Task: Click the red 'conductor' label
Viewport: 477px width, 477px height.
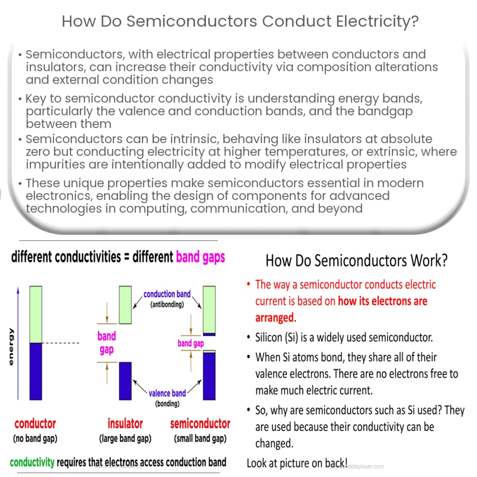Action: tap(35, 424)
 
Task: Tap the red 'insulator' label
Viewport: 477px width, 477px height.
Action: tap(125, 424)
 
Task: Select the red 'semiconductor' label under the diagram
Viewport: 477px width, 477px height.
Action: tap(200, 424)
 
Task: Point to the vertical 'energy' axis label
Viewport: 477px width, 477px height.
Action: tap(11, 347)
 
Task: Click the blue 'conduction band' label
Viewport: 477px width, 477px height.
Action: tap(167, 294)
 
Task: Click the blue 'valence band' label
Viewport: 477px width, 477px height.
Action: tap(167, 394)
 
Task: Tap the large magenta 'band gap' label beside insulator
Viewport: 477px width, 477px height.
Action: tap(107, 343)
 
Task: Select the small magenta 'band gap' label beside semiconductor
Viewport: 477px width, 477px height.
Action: tap(191, 343)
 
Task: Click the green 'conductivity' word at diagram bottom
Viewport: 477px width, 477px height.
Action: tap(32, 462)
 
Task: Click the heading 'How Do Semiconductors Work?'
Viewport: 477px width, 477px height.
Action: tap(356, 260)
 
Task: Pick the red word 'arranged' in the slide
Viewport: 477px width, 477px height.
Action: tap(275, 318)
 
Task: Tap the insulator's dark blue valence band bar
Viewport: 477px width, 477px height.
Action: tap(125, 381)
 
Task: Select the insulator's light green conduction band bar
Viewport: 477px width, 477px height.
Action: tap(125, 305)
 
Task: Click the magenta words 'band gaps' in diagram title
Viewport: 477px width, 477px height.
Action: tap(200, 257)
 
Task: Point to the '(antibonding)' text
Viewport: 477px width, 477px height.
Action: tap(166, 305)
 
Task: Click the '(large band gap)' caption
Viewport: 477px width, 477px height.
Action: tap(125, 439)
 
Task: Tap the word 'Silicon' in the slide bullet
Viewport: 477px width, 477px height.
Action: tap(270, 337)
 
